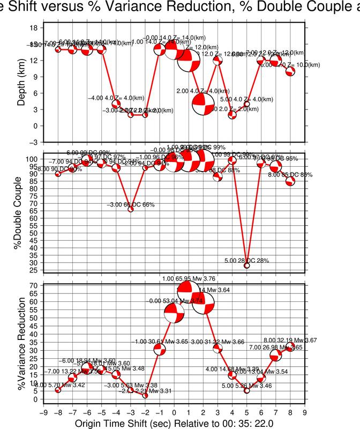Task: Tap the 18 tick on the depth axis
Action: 33,27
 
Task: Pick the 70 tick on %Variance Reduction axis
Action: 33,285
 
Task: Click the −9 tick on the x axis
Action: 43,412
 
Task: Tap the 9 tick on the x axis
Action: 305,412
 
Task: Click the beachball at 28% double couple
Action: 247,265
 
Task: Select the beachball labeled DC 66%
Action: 131,209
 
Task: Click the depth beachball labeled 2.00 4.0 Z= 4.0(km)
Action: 203,104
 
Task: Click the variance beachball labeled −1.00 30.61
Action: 160,350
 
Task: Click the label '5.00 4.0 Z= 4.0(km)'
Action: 247,99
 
